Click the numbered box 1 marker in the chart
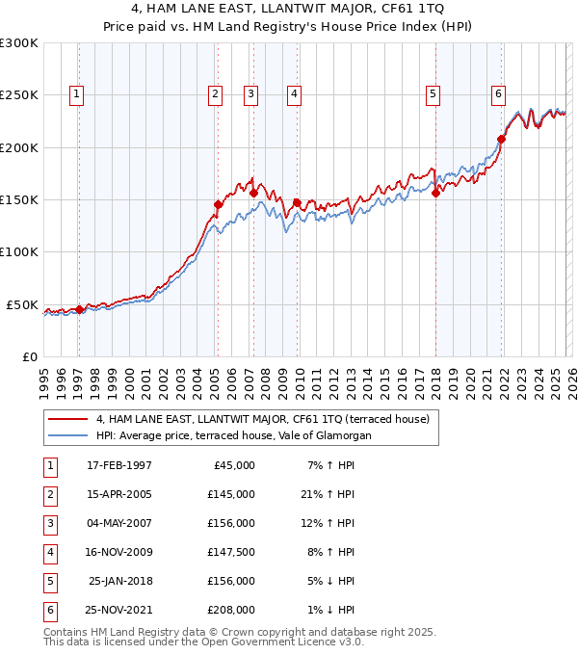(x=76, y=93)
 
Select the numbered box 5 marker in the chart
(x=433, y=93)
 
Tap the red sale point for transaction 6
(x=501, y=140)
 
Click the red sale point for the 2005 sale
(x=218, y=204)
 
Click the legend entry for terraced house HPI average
(x=233, y=435)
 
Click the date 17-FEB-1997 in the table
(x=119, y=466)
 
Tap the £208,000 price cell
(x=230, y=611)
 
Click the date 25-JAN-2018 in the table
(x=119, y=582)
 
